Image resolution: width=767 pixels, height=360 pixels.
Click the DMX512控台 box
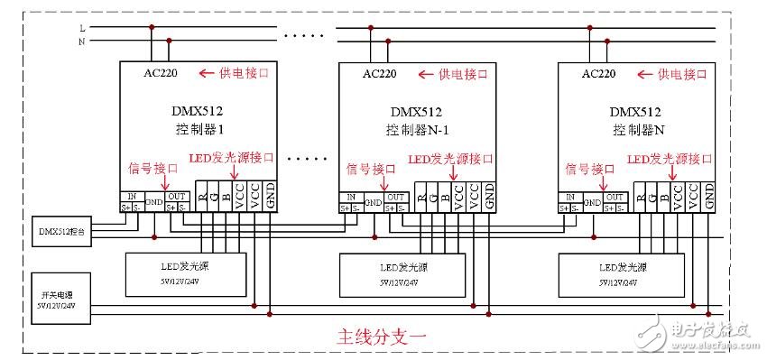(x=61, y=230)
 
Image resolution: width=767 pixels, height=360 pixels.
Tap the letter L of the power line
(x=83, y=27)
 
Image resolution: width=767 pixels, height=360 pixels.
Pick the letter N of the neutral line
(x=83, y=41)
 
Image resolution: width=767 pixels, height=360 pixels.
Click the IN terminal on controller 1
(x=132, y=196)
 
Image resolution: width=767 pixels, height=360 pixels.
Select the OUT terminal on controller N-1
(x=395, y=196)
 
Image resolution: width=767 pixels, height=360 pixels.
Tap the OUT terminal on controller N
(x=614, y=196)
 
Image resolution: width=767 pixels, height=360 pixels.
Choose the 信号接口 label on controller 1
(x=151, y=168)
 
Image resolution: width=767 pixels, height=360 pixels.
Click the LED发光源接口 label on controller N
(x=669, y=159)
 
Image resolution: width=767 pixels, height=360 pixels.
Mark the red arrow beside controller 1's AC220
(x=208, y=73)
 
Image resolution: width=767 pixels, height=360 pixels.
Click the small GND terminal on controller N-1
(x=373, y=203)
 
